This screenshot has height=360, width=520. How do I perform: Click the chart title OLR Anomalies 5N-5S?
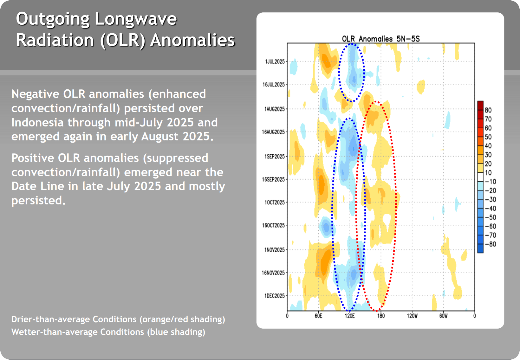380,39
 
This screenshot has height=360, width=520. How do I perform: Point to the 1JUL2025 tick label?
275,61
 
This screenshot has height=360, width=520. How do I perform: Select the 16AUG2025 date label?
273,132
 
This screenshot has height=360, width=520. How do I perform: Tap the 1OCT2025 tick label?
275,202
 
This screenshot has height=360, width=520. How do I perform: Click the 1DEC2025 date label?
275,296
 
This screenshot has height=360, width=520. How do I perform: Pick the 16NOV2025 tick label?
273,273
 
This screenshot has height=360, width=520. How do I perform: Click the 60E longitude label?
318,316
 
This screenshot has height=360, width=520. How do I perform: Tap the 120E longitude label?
349,316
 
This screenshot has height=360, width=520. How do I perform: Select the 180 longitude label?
381,316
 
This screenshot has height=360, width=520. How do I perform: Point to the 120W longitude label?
412,316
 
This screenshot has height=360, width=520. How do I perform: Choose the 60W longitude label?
443,316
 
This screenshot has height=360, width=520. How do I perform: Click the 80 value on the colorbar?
488,110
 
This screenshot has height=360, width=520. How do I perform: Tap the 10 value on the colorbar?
488,173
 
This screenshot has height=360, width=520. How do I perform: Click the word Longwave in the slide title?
136,19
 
